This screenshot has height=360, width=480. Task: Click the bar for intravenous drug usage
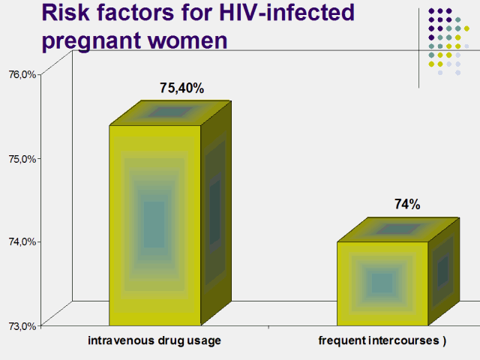pyautogui.click(x=154, y=224)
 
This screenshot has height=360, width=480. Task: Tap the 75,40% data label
pyautogui.click(x=181, y=88)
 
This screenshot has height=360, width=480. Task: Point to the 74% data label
pyautogui.click(x=407, y=204)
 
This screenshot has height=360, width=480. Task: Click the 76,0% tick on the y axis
pyautogui.click(x=22, y=74)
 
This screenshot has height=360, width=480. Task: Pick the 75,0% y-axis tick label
pyautogui.click(x=22, y=158)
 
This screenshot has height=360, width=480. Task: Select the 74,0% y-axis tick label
pyautogui.click(x=22, y=241)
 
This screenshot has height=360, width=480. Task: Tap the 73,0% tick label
pyautogui.click(x=22, y=325)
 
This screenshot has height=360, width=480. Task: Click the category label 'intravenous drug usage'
pyautogui.click(x=154, y=341)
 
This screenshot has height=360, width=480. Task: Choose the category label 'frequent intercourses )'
pyautogui.click(x=382, y=341)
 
